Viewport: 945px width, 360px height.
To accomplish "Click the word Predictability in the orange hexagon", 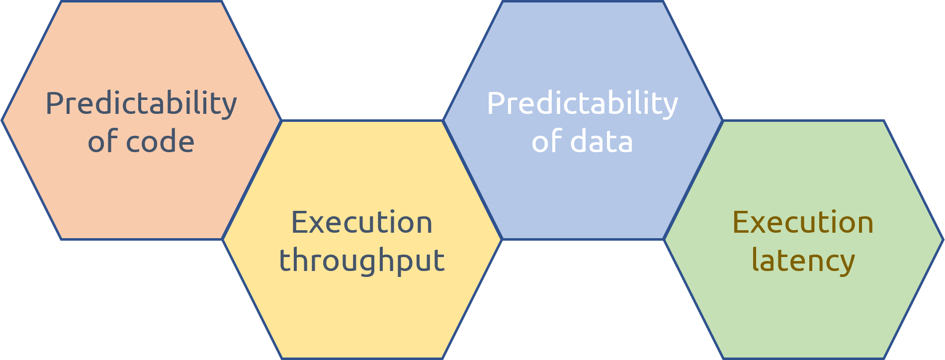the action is tap(141, 104).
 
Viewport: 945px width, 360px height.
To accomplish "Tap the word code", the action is tap(160, 141).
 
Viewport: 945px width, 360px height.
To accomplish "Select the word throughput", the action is tap(362, 260).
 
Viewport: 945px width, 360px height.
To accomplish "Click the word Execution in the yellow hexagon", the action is tap(362, 222).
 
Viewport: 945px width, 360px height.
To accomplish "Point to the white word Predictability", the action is tap(583, 104).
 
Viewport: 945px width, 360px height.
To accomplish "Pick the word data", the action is tap(601, 141).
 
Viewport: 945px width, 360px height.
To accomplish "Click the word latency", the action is tap(803, 260).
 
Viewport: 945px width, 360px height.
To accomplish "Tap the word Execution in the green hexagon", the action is tap(803, 222).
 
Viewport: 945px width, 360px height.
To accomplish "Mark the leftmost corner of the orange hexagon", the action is tap(2, 120).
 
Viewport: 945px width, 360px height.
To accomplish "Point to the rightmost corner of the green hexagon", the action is tap(943, 240).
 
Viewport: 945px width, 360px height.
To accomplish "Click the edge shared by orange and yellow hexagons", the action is tap(252, 180).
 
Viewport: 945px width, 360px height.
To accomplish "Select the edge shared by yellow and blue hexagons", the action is tap(473, 180).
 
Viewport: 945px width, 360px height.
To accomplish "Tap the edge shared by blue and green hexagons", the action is tap(693, 180).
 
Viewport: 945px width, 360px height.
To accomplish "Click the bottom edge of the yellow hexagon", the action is tap(362, 358).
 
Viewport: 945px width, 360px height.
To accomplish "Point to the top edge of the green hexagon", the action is tap(803, 120).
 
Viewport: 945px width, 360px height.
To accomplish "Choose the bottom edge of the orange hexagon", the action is tap(142, 239).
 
